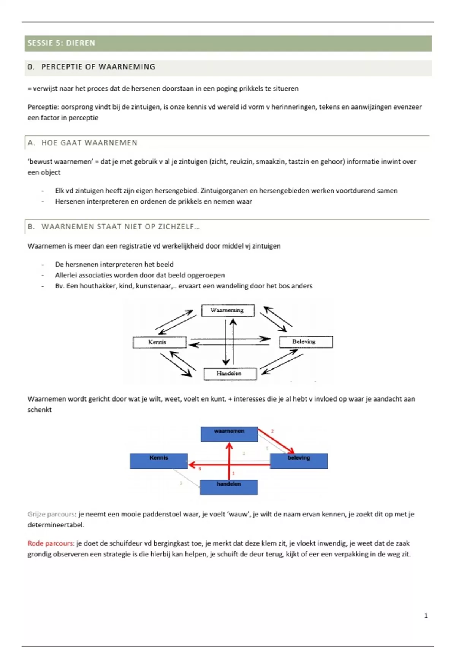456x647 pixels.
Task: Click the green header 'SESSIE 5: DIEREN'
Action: pos(62,43)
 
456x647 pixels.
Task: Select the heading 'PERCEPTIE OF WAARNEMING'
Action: pos(98,67)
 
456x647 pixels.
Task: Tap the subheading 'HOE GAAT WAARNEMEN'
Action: pos(89,143)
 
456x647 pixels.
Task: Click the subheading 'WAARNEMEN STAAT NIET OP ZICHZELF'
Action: pos(120,227)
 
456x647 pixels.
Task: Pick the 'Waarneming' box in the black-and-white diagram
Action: pos(227,311)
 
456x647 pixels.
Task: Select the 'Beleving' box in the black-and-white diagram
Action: pos(306,342)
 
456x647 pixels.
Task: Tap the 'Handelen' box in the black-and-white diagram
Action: pos(230,374)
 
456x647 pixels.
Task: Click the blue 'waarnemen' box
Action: pos(229,434)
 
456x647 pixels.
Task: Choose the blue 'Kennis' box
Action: pos(158,461)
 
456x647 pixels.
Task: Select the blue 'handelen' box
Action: pos(229,487)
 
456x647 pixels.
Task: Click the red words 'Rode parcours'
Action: pos(50,543)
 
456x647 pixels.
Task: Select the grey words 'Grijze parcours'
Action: pos(52,515)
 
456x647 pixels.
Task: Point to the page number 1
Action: pos(426,616)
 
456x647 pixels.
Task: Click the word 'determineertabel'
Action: pos(55,525)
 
